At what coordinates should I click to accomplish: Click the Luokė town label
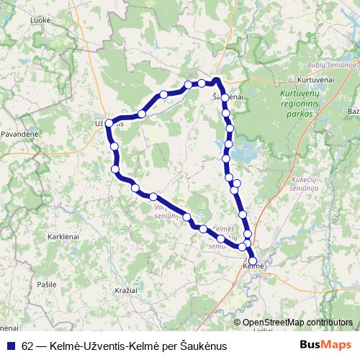pyautogui.click(x=41, y=20)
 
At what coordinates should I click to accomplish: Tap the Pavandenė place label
pyautogui.click(x=19, y=134)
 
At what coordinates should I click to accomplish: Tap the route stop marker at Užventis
pyautogui.click(x=109, y=124)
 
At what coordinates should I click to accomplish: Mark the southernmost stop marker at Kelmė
pyautogui.click(x=253, y=261)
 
